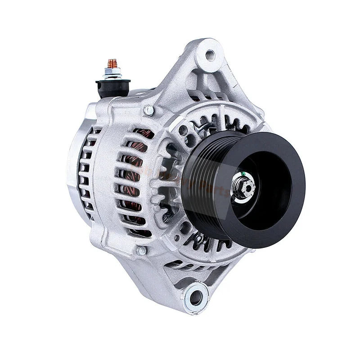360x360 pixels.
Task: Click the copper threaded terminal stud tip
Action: tap(112, 63)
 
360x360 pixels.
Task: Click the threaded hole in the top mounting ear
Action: tap(210, 55)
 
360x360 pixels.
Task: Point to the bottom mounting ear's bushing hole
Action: tap(196, 297)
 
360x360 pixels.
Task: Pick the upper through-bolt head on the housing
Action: tap(148, 110)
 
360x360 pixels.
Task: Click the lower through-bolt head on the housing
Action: tap(141, 250)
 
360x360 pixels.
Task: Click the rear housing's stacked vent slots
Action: tap(85, 175)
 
